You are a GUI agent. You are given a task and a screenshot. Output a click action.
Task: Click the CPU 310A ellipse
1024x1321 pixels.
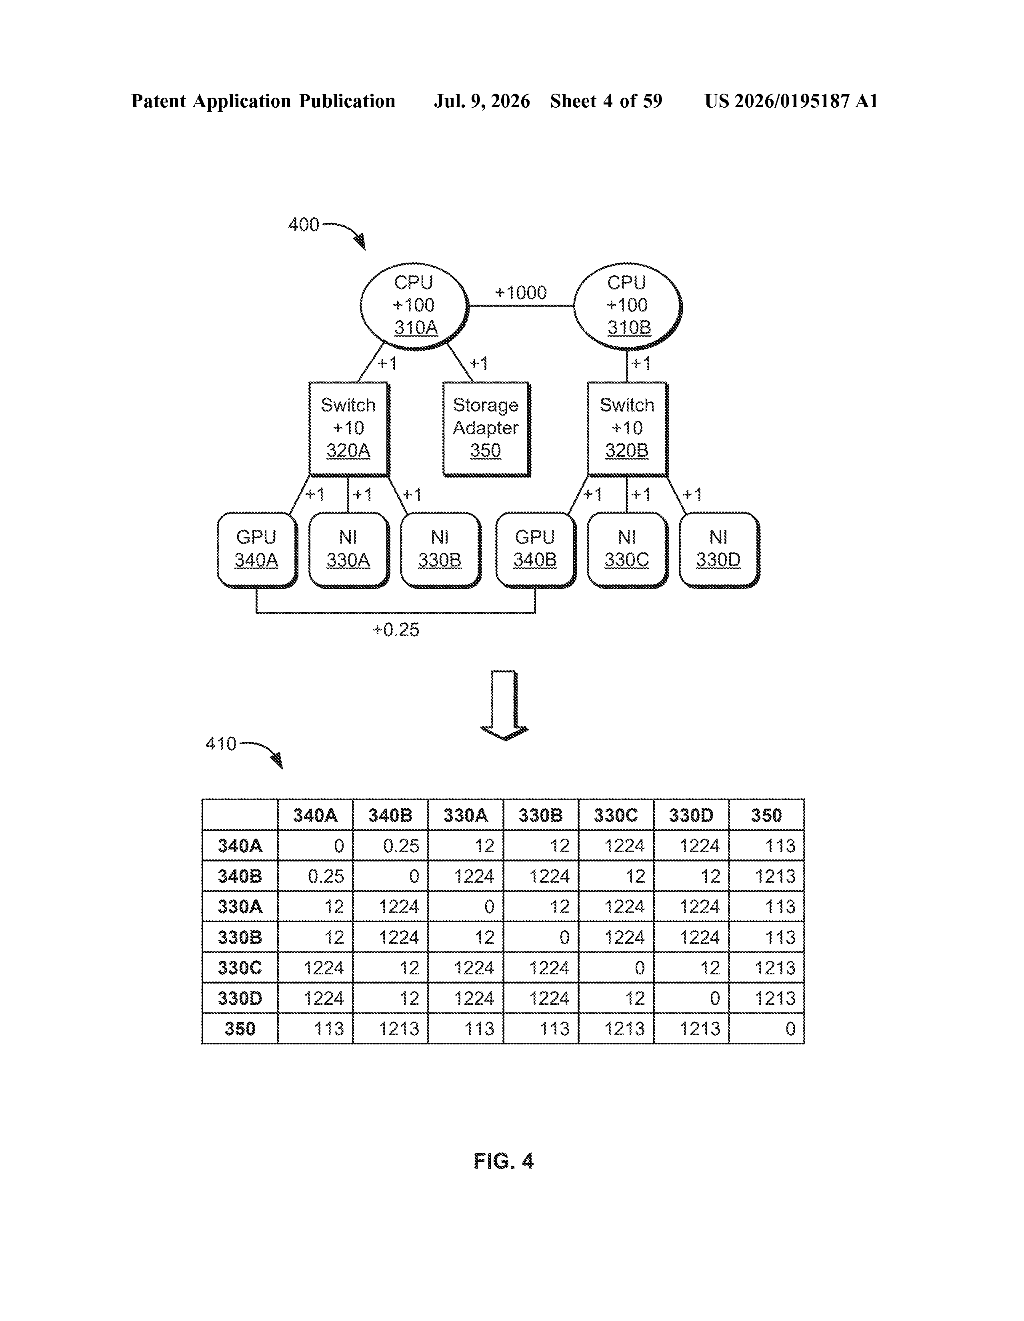(415, 306)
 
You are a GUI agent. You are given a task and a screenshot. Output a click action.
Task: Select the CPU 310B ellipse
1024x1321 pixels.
(628, 306)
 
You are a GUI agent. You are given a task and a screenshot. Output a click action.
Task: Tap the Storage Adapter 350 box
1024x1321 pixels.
(486, 429)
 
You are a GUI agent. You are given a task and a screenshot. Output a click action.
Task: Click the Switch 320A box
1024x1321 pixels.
(349, 429)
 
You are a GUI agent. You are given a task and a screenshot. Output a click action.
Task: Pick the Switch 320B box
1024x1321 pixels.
(628, 429)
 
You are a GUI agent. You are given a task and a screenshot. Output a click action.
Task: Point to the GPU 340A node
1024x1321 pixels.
(257, 550)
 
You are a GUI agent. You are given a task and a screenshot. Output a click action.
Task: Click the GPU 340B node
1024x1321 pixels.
(536, 550)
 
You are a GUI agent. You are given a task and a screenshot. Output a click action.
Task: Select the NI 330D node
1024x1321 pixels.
(719, 550)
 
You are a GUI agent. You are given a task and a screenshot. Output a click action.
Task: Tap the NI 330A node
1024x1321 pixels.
(349, 550)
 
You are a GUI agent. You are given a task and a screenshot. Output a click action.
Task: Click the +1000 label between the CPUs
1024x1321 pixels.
(521, 293)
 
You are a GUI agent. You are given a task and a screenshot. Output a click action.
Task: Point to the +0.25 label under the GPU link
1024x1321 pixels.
(396, 630)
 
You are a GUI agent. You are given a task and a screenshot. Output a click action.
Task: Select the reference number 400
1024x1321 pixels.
(304, 225)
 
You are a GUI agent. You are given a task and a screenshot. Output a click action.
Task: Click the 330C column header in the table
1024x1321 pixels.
(616, 815)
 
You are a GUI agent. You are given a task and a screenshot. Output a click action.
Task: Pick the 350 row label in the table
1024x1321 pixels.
(240, 1029)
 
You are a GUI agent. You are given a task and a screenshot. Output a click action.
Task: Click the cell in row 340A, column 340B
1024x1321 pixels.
(390, 845)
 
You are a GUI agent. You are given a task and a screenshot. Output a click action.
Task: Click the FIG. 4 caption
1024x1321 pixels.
(504, 1161)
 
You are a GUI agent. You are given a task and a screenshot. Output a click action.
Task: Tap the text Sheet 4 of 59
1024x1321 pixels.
(606, 101)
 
